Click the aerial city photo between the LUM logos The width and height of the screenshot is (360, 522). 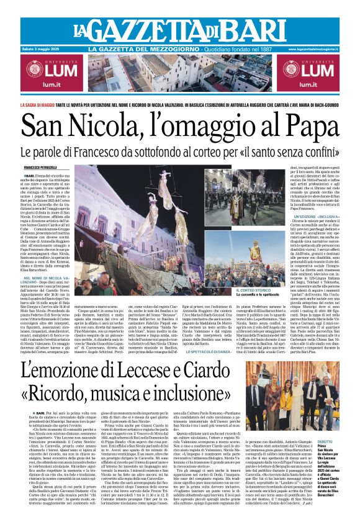[180, 75]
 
